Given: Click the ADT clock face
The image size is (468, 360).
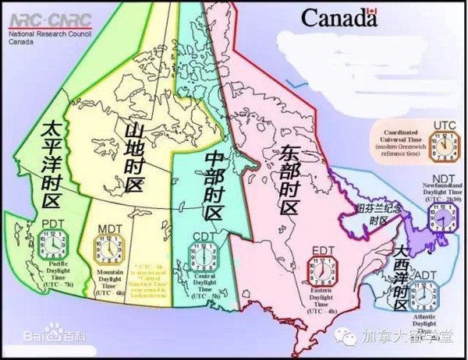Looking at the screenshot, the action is pyautogui.click(x=425, y=295).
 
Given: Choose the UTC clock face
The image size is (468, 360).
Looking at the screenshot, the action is pyautogui.click(x=442, y=145).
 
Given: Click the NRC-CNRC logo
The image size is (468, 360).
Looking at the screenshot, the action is pyautogui.click(x=48, y=18).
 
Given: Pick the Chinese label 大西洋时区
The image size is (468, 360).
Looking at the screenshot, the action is pyautogui.click(x=400, y=277).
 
